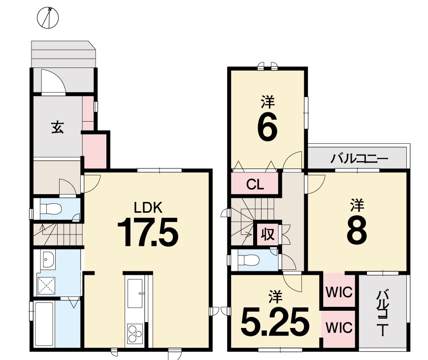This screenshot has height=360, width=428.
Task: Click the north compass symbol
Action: point(48,18)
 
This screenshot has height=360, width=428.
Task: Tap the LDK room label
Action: point(148,208)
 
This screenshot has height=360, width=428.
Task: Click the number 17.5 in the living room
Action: point(148,232)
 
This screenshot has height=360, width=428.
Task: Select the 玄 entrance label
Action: point(58,127)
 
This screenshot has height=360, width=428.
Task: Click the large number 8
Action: point(357,230)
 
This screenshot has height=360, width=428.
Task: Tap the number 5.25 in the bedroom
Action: point(275,322)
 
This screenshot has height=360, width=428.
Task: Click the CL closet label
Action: point(255,185)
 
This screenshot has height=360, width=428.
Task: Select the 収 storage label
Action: point(268,233)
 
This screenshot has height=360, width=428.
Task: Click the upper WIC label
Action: point(339,293)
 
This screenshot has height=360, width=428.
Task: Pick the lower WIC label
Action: point(339,327)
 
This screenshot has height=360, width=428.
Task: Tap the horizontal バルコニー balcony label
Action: point(359,158)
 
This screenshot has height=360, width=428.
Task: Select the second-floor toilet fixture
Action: point(248,260)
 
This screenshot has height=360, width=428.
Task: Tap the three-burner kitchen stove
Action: point(135,333)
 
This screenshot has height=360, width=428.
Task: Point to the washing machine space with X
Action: point(46,286)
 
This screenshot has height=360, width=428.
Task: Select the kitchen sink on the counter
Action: point(135,294)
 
